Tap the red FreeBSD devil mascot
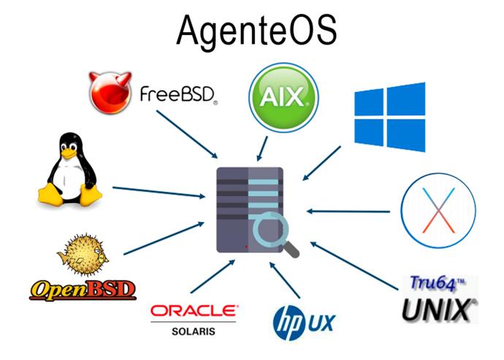(110, 93)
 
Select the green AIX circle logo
(283, 97)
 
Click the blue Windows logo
(390, 117)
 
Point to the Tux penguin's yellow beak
(69, 154)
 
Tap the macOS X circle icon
(438, 210)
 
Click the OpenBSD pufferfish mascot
(83, 254)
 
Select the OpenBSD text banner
(83, 290)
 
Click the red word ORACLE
(194, 311)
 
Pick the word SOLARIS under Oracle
(194, 332)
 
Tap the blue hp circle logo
(289, 323)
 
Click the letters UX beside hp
(321, 323)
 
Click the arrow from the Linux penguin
(159, 192)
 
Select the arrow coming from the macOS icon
(348, 212)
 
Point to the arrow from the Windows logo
(321, 164)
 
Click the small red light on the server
(247, 247)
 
